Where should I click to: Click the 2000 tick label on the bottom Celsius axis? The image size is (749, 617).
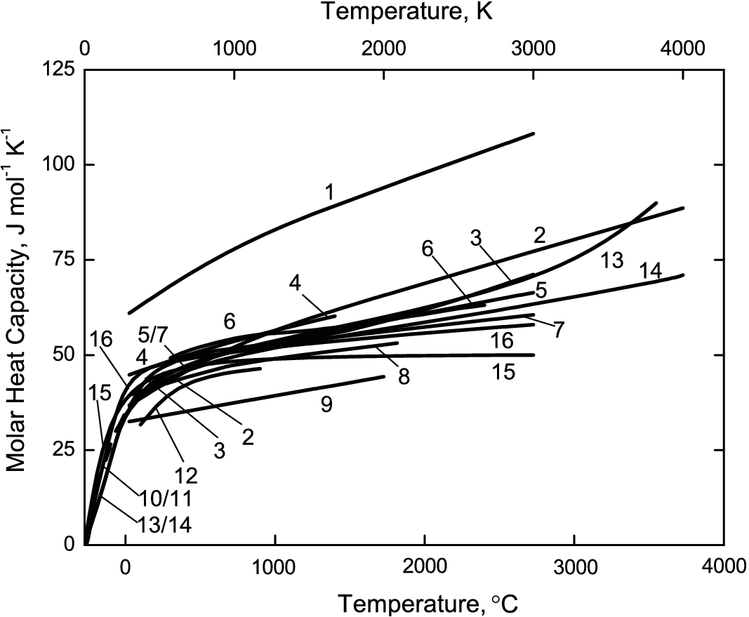point(424,567)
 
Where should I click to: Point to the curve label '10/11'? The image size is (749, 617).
point(166,498)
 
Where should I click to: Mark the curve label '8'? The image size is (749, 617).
point(404,376)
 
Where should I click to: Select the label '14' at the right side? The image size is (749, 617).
point(651,271)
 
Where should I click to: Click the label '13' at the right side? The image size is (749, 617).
point(611,261)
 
